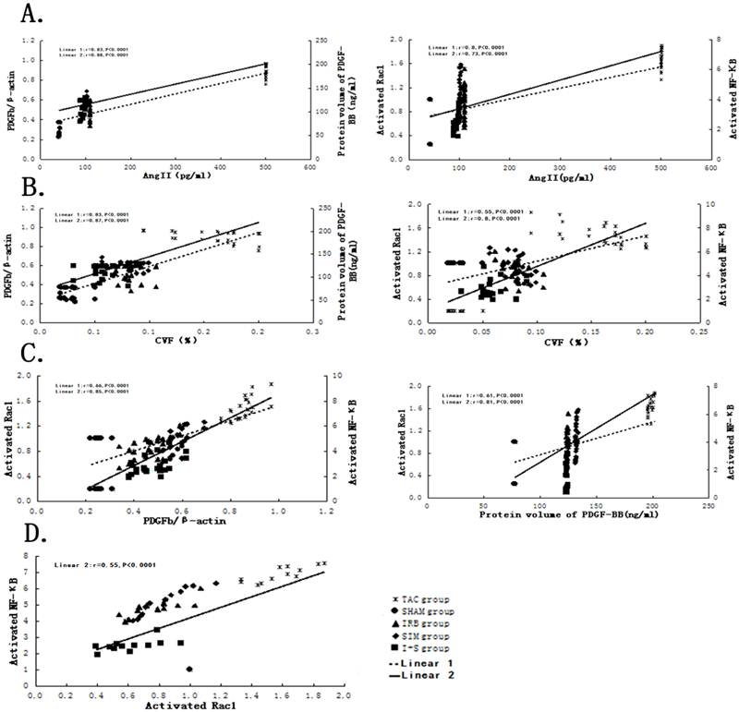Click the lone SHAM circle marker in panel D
coord(189,669)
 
